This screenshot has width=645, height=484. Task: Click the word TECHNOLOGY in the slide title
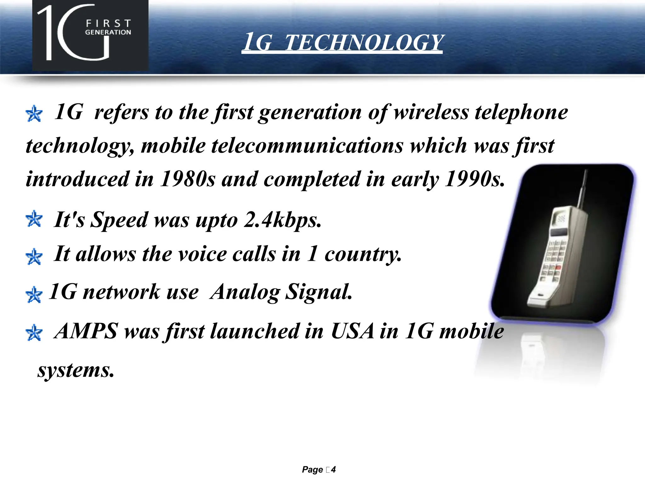(x=364, y=43)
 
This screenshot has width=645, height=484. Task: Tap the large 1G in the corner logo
(x=74, y=33)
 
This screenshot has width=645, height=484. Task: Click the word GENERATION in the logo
(x=108, y=32)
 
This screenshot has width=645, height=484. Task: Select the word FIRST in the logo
(x=108, y=23)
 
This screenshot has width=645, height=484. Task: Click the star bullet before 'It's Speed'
(x=34, y=219)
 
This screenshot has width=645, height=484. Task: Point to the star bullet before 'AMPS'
(x=34, y=333)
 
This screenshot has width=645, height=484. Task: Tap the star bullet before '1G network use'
(x=34, y=295)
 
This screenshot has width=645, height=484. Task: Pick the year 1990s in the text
(x=474, y=179)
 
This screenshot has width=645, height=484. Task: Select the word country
(x=363, y=254)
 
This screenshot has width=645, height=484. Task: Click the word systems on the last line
(x=76, y=370)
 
